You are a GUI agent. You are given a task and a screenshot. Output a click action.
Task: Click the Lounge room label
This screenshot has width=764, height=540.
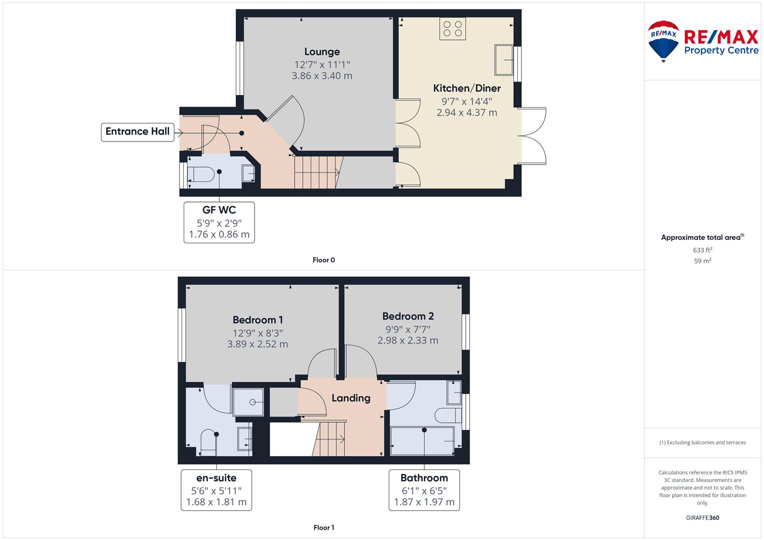coord(322,52)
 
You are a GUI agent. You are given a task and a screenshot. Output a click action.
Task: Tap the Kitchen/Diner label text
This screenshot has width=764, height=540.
coord(467,88)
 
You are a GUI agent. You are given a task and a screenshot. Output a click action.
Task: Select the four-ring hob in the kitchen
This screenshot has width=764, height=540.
coord(453,28)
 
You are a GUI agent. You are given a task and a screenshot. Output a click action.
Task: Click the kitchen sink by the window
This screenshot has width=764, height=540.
coord(504,60)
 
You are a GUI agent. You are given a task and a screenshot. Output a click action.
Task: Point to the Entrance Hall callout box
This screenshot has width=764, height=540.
coord(138,132)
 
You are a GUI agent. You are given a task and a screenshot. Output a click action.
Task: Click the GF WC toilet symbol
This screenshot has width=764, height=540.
coord(201,174)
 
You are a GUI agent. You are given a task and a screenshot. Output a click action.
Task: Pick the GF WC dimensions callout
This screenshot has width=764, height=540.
coord(219,222)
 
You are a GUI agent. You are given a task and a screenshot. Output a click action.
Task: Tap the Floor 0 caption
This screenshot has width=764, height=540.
coord(324,260)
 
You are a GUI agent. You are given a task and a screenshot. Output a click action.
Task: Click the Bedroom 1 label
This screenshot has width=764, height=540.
coord(258,320)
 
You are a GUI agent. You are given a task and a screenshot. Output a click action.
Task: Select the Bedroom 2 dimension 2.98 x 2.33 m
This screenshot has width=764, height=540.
coord(408,340)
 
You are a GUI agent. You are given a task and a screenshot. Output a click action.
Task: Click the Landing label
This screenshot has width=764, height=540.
coord(351,398)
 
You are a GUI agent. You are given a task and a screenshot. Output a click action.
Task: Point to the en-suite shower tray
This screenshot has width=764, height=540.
coord(248,402)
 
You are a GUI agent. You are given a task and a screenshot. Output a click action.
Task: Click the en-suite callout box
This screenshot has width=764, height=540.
coord(216,490)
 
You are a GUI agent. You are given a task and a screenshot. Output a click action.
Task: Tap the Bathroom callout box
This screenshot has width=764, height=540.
coord(424,490)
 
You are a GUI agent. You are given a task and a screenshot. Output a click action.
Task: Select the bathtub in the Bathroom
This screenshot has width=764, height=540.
coord(422,441)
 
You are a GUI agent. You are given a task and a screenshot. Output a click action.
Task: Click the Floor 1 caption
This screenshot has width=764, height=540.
coord(324,527)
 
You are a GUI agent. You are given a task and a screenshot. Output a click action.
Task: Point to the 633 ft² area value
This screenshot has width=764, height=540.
coord(702,250)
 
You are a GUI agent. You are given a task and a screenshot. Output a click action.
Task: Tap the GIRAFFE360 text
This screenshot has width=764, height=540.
coord(702,517)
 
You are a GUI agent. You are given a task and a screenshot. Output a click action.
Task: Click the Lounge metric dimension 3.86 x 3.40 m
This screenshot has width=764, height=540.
coord(322,75)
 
